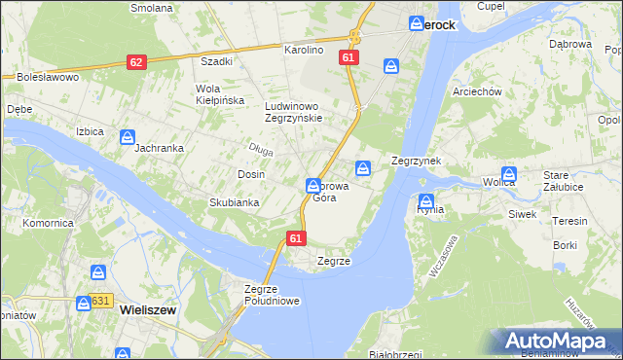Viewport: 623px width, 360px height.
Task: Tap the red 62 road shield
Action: [136, 62]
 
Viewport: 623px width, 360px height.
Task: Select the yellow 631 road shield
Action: [101, 302]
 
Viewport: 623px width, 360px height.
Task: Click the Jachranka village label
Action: [160, 148]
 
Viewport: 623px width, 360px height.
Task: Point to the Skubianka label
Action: [234, 202]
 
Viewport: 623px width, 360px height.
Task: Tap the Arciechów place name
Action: [476, 91]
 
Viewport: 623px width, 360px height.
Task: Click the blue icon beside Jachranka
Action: [128, 137]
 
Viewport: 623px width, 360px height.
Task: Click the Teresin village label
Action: [568, 221]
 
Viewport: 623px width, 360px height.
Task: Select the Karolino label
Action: [303, 49]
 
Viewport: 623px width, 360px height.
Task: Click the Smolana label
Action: [153, 7]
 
